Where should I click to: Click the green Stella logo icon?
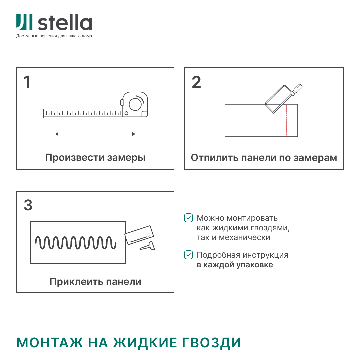pyautogui.click(x=24, y=22)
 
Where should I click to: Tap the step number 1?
pyautogui.click(x=27, y=82)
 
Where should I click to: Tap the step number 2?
pyautogui.click(x=196, y=82)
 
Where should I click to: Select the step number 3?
pyautogui.click(x=28, y=205)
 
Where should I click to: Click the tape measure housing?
pyautogui.click(x=135, y=104)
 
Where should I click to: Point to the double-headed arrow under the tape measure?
pyautogui.click(x=95, y=134)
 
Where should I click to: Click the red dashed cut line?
pyautogui.click(x=286, y=121)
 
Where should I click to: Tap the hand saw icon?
pyautogui.click(x=284, y=98)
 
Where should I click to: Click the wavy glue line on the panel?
pyautogui.click(x=76, y=243)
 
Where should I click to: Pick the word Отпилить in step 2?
pyautogui.click(x=214, y=158)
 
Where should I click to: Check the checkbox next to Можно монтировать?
pyautogui.click(x=188, y=218)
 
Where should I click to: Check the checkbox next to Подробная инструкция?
pyautogui.click(x=188, y=255)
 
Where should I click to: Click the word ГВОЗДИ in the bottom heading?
pyautogui.click(x=211, y=343)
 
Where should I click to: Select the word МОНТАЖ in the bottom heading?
pyautogui.click(x=50, y=343)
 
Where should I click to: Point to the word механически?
pyautogui.click(x=245, y=237)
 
